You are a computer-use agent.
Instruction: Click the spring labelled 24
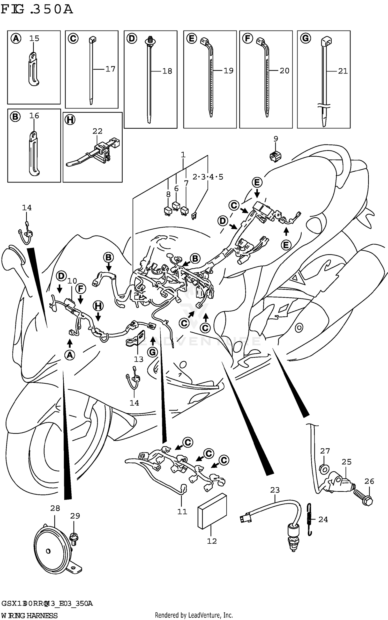tap(309, 519)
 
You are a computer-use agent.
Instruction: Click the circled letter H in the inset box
tap(70, 120)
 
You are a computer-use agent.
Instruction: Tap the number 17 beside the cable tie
tap(110, 69)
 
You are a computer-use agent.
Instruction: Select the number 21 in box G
tap(343, 71)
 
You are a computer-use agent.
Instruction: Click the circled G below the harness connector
tap(152, 352)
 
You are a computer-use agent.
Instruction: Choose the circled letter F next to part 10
tap(80, 288)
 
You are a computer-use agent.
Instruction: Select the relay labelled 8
tap(168, 211)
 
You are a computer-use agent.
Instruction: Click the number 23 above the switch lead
tap(275, 490)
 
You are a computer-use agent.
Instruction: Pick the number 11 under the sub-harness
tap(182, 511)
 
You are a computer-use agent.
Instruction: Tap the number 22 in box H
tap(97, 131)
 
